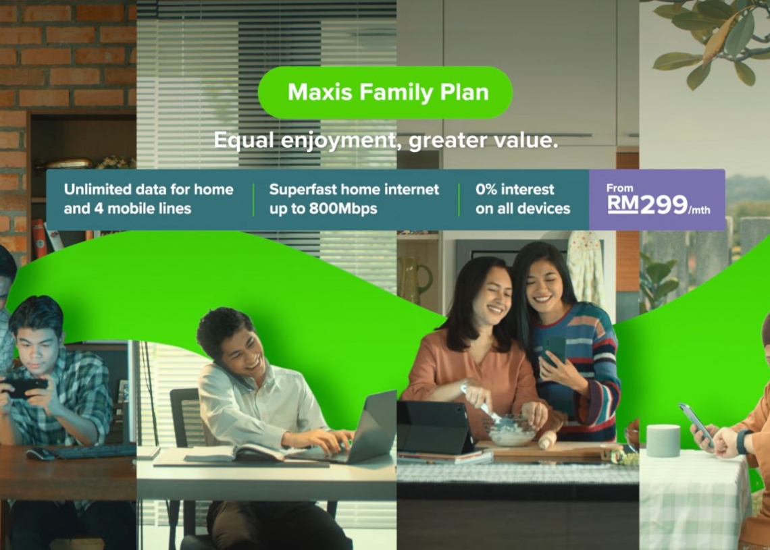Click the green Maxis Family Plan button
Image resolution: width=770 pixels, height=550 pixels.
point(385,92)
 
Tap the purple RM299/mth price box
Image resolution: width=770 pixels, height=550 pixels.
point(657,200)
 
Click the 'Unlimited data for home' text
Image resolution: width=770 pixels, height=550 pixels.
point(149,190)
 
